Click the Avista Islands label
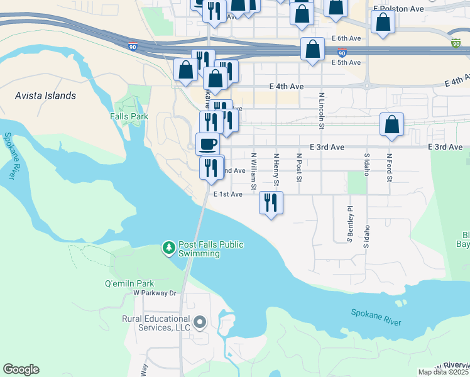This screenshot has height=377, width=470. tap(46, 96)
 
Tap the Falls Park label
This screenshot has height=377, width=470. tap(129, 116)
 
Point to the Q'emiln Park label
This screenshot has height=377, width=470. tap(129, 283)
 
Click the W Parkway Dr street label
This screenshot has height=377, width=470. tap(155, 293)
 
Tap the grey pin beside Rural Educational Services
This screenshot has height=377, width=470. tap(200, 323)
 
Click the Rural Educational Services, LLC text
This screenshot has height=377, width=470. tap(156, 323)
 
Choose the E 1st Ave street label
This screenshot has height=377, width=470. tap(228, 195)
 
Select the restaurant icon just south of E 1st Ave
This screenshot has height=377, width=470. tap(271, 203)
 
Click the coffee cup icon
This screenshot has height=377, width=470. tap(208, 145)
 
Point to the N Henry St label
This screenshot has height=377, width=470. tap(276, 170)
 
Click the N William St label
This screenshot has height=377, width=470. tap(254, 170)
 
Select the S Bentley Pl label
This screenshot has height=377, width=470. tap(350, 223)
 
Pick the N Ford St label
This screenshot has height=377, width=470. tap(390, 168)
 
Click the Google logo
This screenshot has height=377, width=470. tap(21, 369)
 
